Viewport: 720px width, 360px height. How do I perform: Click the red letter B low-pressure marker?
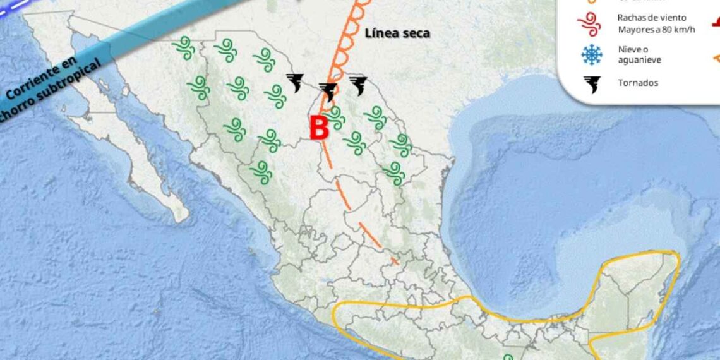click(x=320, y=129)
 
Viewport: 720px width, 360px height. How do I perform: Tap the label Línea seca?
click(x=397, y=33)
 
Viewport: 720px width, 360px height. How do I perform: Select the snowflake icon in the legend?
click(x=592, y=55)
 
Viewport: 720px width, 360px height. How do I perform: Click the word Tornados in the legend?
click(x=638, y=83)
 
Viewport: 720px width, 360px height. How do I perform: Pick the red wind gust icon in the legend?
click(x=589, y=25)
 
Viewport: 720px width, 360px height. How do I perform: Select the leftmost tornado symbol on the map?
click(x=295, y=82)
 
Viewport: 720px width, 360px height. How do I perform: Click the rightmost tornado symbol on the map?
click(x=358, y=85)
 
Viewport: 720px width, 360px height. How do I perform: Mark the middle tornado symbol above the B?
click(x=328, y=92)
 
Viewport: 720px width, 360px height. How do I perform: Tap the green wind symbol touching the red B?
click(x=335, y=117)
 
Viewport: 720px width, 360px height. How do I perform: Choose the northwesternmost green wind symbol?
click(x=184, y=47)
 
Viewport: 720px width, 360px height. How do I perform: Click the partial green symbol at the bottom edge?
click(x=508, y=356)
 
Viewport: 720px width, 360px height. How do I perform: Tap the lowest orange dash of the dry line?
click(x=394, y=260)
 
